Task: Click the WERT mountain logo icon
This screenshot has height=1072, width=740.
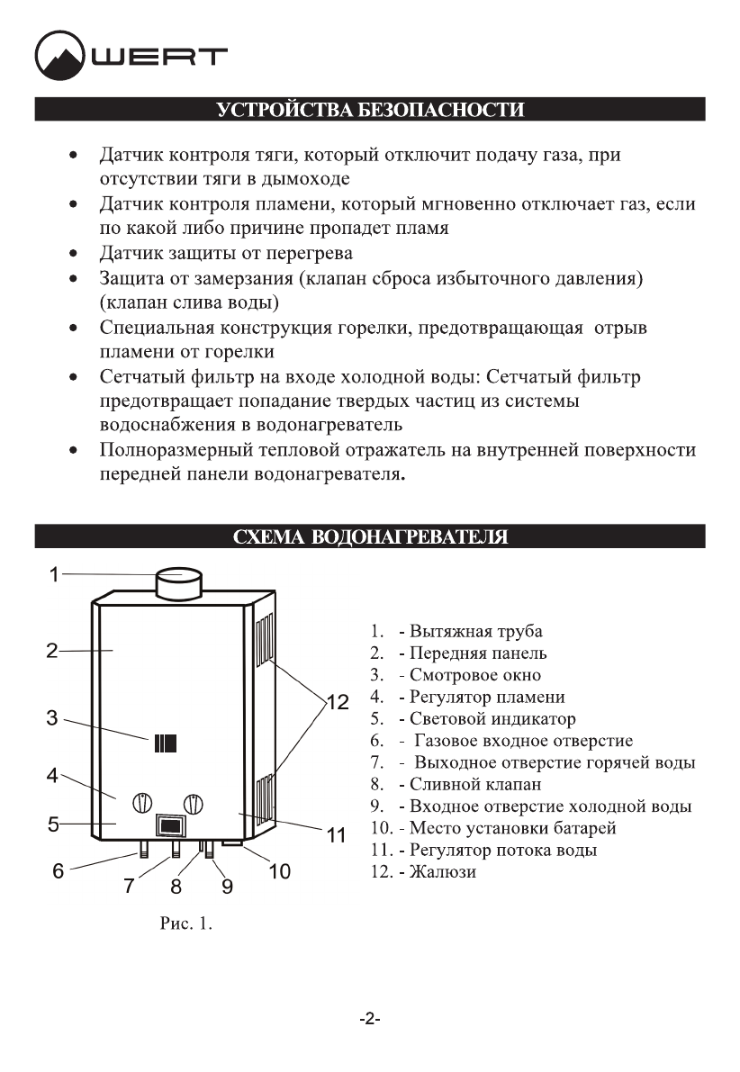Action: [59, 56]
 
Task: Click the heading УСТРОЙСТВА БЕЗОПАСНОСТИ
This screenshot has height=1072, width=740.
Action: [370, 111]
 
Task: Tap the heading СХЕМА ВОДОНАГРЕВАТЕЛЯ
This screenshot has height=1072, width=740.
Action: [370, 537]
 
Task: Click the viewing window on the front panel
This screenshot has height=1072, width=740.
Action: [165, 743]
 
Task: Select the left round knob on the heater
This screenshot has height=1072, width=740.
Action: [142, 802]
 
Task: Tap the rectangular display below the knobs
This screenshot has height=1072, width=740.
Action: [170, 826]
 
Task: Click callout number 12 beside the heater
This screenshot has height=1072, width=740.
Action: [337, 703]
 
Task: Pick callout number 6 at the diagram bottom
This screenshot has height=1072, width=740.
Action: [58, 871]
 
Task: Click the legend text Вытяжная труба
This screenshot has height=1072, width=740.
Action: [476, 632]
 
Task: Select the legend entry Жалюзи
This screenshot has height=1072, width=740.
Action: [443, 871]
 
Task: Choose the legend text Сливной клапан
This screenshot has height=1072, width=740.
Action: [475, 784]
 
